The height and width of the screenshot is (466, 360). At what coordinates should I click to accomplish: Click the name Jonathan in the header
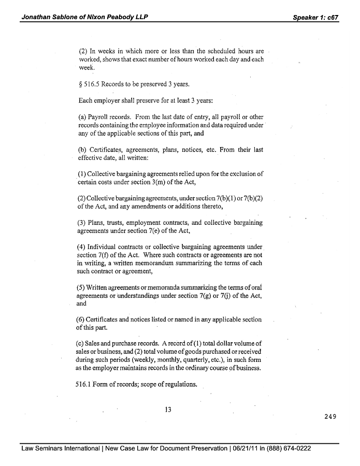(x=36, y=17)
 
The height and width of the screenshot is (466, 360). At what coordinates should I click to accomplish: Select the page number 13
(x=167, y=409)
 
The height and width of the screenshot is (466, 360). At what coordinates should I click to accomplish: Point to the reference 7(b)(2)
(x=251, y=199)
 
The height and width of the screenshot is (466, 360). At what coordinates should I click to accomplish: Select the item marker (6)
(x=82, y=319)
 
